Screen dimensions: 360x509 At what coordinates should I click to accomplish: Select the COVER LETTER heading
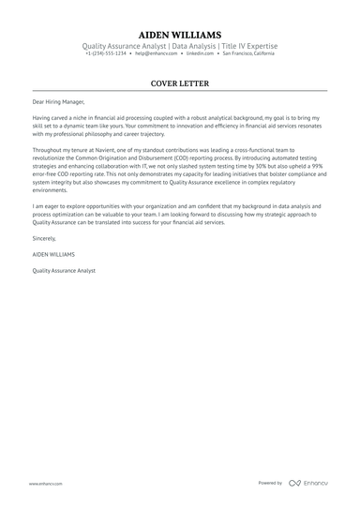pyautogui.click(x=179, y=83)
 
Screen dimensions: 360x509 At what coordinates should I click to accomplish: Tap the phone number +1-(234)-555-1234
pyautogui.click(x=106, y=53)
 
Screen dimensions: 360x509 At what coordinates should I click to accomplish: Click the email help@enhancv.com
pyautogui.click(x=153, y=53)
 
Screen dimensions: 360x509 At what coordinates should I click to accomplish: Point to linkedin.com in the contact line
pyautogui.click(x=200, y=53)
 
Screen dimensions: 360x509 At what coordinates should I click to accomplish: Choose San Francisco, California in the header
pyautogui.click(x=248, y=53)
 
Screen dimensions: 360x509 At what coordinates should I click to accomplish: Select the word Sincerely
pyautogui.click(x=44, y=239)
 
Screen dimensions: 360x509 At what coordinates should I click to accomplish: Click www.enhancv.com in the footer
pyautogui.click(x=45, y=483)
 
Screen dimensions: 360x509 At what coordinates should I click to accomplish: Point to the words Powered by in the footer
pyautogui.click(x=270, y=483)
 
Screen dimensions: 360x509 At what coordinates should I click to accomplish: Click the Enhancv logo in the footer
pyautogui.click(x=309, y=483)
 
